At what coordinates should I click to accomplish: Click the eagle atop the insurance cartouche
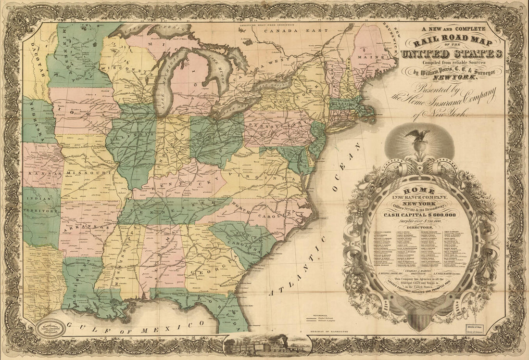click(x=417, y=137)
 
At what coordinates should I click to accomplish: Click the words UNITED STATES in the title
click(x=453, y=53)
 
